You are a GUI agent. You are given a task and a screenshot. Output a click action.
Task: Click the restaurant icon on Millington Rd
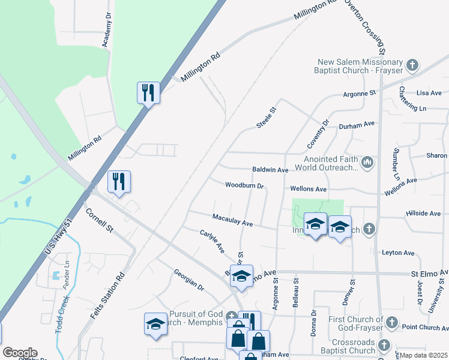[148, 93]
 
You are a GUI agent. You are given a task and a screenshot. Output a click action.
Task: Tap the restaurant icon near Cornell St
[119, 182]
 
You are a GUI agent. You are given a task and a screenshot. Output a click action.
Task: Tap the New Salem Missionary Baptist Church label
[360, 67]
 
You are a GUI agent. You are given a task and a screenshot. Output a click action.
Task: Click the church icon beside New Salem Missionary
[412, 64]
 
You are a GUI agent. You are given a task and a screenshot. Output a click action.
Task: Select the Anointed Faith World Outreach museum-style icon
[367, 161]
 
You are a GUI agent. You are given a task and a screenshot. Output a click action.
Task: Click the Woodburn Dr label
[244, 186]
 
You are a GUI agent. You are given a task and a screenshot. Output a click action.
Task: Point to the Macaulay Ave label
[233, 220]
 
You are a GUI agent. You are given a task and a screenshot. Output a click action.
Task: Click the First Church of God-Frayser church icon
[391, 323]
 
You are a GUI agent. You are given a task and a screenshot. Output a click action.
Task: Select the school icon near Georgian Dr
[155, 325]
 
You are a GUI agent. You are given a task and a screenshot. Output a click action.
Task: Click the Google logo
[19, 352]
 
